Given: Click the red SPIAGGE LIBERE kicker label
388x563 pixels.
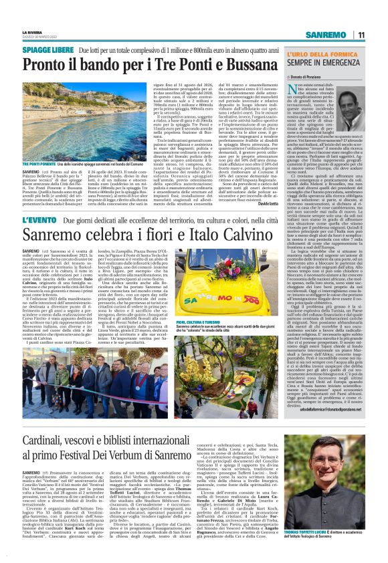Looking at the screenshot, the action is tap(47, 51).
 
